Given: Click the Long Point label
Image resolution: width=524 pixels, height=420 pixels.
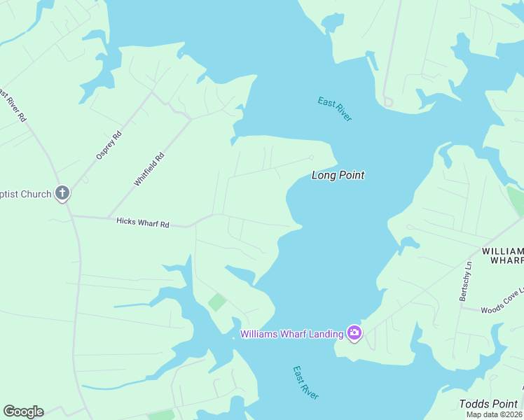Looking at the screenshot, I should (338, 176).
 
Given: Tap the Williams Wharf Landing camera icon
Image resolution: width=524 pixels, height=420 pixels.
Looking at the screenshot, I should (354, 333).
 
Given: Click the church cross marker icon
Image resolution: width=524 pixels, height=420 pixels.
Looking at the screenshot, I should (62, 193).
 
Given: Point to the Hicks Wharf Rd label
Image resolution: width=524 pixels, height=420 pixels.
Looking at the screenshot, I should (143, 223).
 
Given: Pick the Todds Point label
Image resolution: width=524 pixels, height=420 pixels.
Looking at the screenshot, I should (489, 404).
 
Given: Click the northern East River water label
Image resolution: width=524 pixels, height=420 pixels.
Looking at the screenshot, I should (335, 109).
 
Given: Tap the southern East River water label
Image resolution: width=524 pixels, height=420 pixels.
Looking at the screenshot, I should (305, 383).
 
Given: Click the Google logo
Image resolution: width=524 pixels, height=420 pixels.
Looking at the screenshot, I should (23, 412).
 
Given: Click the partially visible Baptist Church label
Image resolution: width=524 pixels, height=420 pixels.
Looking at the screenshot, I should (26, 194).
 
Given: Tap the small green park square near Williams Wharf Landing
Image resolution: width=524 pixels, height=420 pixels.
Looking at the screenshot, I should (217, 302).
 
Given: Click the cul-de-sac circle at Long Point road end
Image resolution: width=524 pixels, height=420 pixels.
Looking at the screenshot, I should (312, 157).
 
